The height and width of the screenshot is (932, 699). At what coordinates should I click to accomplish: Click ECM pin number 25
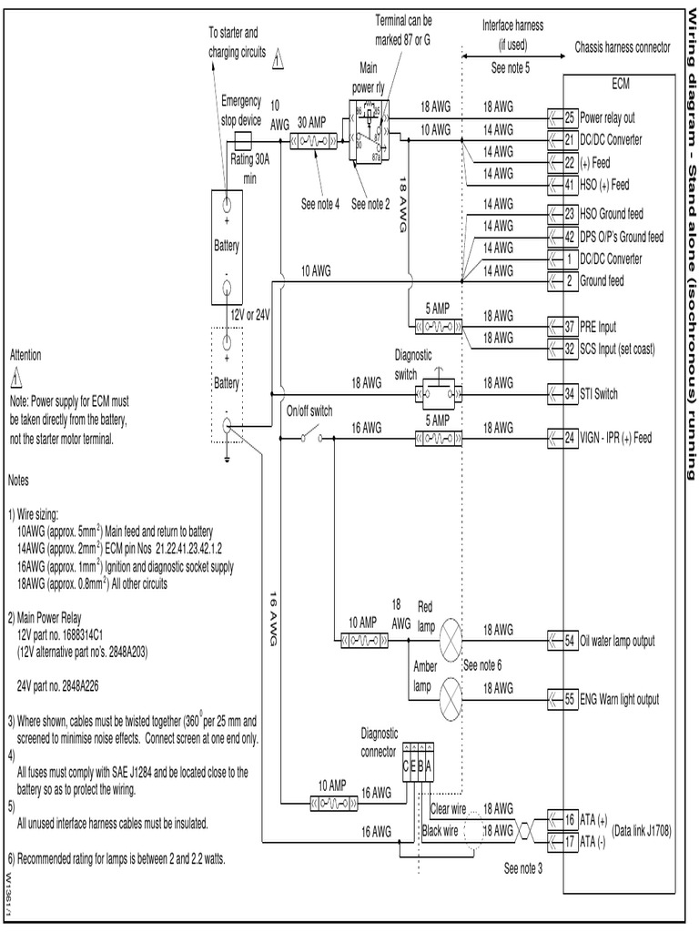(570, 117)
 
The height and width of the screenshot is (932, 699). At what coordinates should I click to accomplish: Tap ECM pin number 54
(570, 641)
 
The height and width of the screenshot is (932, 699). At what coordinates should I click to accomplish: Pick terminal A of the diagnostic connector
(430, 765)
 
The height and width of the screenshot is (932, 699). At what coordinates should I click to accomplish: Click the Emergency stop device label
(241, 109)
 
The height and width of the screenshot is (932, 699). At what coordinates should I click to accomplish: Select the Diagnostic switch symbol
(434, 393)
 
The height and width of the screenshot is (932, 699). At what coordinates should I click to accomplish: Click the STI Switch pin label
(599, 394)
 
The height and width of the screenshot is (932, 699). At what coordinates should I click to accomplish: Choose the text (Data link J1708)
(642, 831)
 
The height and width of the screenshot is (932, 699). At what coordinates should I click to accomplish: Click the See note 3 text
(522, 867)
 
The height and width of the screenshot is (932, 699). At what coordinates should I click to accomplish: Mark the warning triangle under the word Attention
(17, 377)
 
